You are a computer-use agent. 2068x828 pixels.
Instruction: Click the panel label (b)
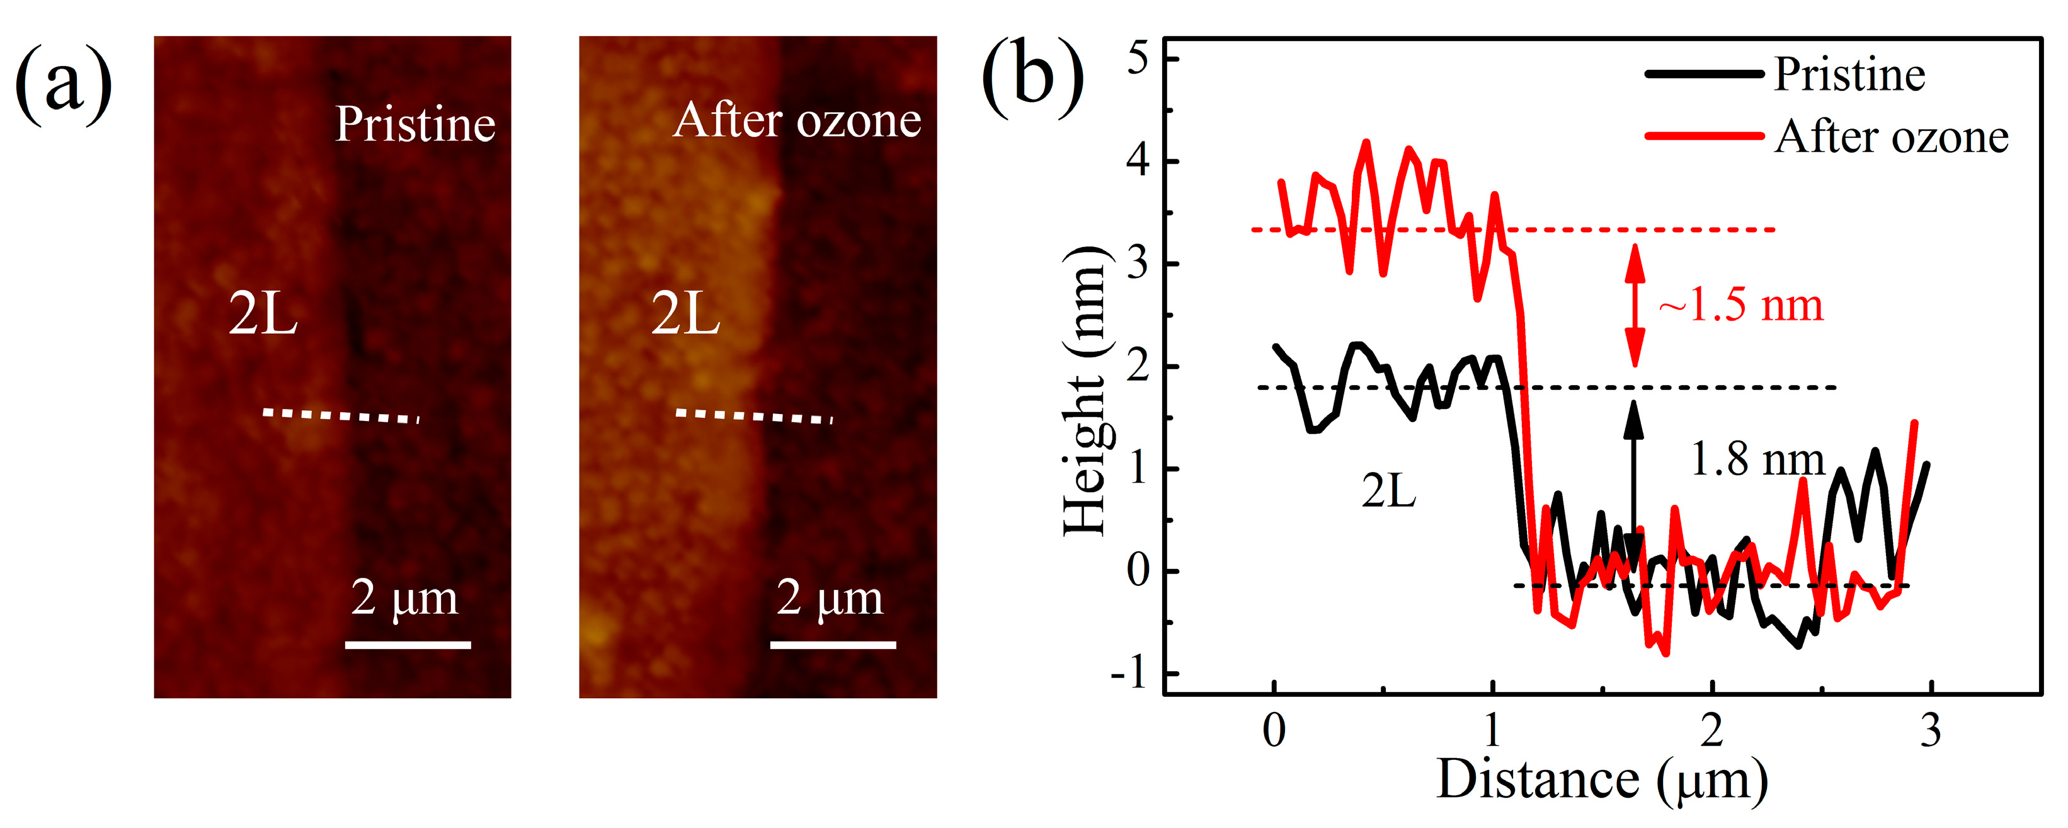1032,78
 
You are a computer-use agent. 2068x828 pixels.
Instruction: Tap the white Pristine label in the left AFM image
415,125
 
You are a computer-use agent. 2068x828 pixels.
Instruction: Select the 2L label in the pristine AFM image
263,314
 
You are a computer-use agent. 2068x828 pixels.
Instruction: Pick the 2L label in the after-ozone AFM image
685,314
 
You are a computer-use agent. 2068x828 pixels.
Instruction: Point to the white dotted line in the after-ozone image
754,416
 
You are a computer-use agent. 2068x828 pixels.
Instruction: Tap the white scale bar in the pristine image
408,644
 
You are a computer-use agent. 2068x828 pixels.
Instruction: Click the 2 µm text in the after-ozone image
830,598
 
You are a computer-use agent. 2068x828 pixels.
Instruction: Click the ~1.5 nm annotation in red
1740,305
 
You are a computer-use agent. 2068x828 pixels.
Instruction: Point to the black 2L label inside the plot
1388,491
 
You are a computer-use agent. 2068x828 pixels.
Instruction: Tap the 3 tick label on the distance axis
1931,731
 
